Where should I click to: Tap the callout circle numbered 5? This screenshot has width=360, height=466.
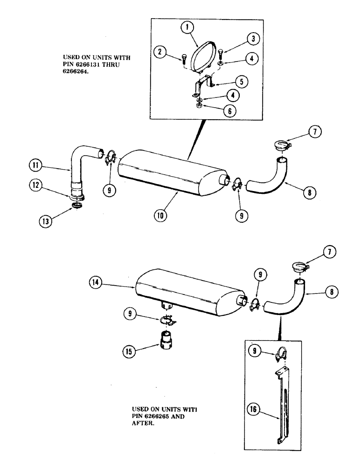(241, 81)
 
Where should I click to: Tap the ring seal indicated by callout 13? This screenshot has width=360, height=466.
(78, 206)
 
